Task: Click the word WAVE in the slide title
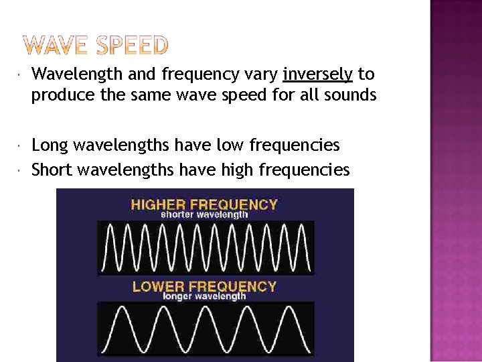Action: tap(59, 45)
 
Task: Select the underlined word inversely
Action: tap(317, 74)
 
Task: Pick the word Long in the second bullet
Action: tap(50, 145)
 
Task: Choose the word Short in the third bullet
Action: tap(52, 170)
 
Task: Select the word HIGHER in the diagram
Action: tap(158, 204)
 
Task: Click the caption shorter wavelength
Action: tap(204, 215)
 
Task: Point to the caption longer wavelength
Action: tap(204, 296)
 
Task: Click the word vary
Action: tap(261, 74)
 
